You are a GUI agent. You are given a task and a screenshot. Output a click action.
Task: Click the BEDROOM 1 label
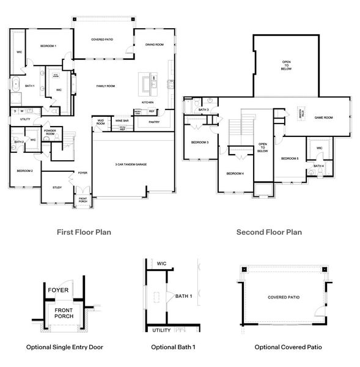point(48,46)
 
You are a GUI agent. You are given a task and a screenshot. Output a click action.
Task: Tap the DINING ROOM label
point(154,45)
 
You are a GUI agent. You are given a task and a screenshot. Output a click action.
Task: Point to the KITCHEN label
point(148,102)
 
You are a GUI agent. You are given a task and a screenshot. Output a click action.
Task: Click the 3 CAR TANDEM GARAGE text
point(131,165)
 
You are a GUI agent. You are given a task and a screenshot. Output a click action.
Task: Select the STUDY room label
point(57,188)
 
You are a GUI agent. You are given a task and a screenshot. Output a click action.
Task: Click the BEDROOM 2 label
point(24,171)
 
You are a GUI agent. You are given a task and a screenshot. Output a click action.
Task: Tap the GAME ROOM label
point(323,117)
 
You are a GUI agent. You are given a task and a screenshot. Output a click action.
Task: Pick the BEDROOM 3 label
point(200,143)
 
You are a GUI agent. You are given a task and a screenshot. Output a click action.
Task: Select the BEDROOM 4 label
point(235,174)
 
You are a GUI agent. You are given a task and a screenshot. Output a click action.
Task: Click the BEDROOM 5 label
point(290,159)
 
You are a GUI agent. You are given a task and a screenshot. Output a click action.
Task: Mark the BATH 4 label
point(318,166)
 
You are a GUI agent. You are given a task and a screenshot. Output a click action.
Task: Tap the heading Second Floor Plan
point(269,232)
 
